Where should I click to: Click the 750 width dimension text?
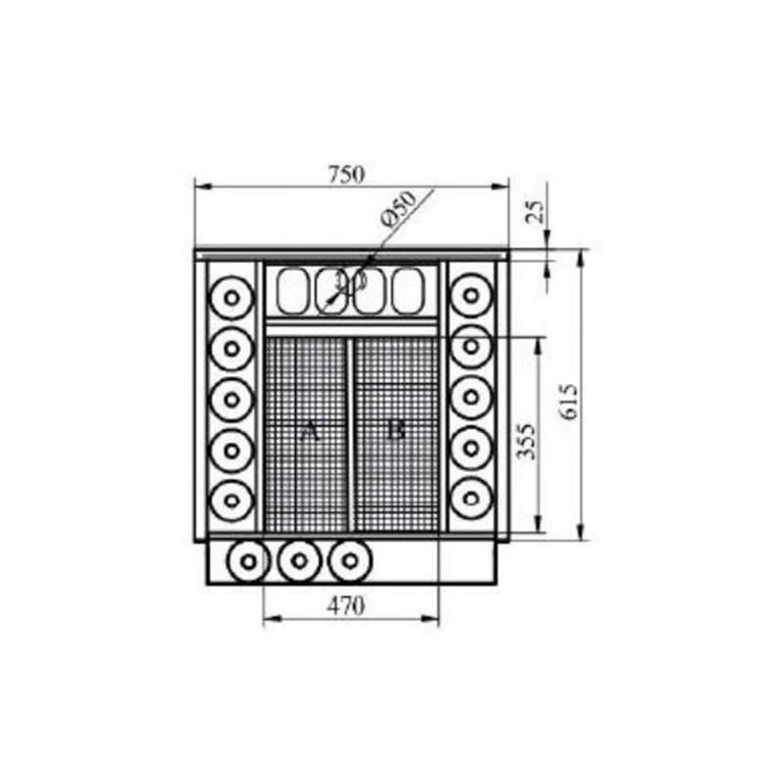click(x=346, y=175)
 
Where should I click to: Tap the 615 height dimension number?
click(x=571, y=401)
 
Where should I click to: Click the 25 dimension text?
click(x=535, y=210)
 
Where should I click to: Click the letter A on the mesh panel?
click(x=311, y=430)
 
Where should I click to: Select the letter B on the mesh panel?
click(x=394, y=430)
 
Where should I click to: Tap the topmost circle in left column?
click(x=232, y=295)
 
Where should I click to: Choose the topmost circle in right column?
click(x=471, y=295)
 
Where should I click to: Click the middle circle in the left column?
click(x=232, y=397)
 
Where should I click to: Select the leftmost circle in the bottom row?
click(x=247, y=561)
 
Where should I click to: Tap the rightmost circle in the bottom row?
click(x=350, y=561)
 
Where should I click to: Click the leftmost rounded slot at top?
click(x=293, y=290)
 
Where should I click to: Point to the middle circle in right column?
click(x=471, y=397)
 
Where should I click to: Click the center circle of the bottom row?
click(x=299, y=561)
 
